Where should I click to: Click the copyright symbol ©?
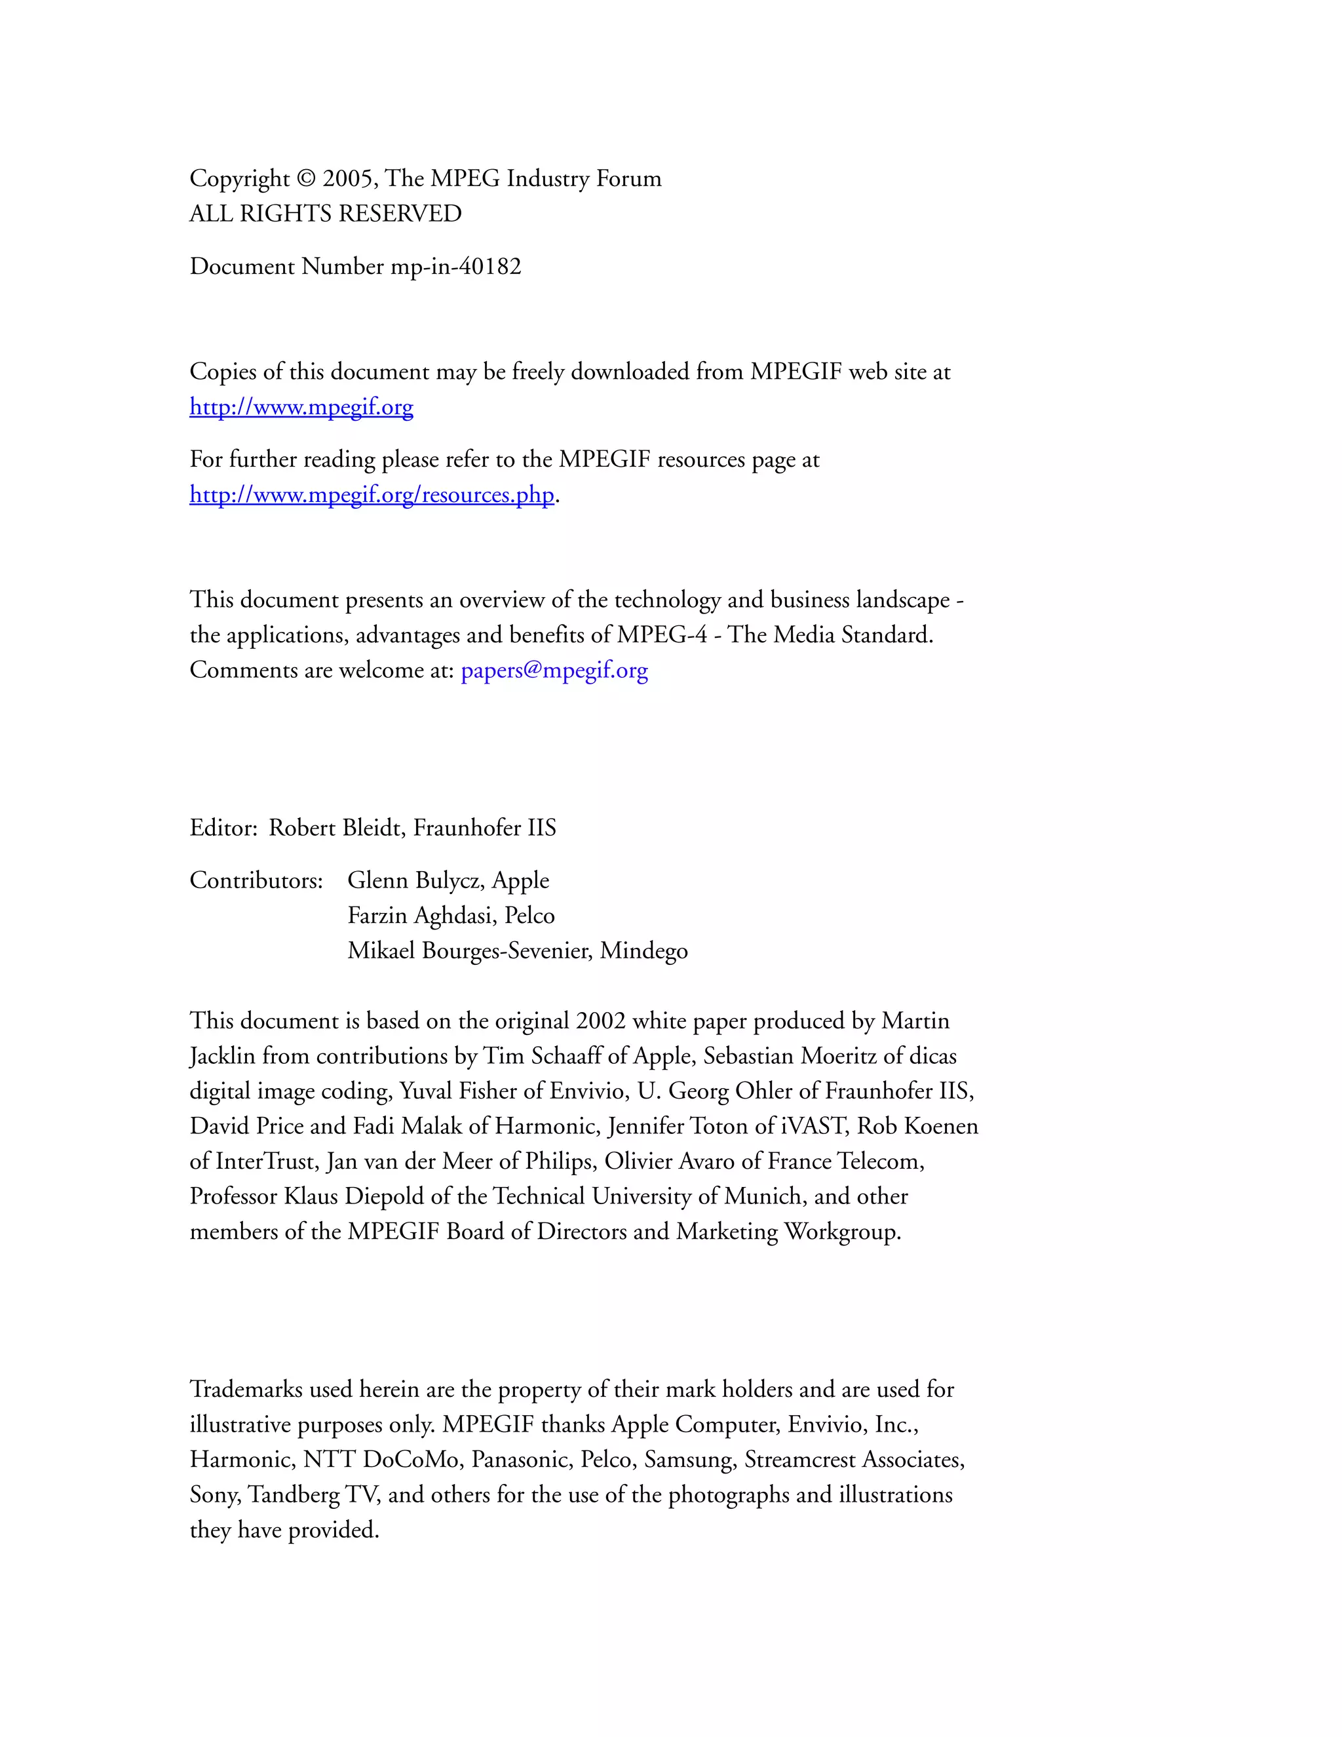coord(306,178)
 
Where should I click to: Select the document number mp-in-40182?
coord(455,266)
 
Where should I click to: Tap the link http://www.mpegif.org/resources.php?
coord(372,495)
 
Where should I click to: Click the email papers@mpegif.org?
coord(554,670)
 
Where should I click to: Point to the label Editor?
coord(223,828)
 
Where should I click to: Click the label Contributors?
coord(256,880)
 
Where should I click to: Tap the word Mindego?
coord(644,950)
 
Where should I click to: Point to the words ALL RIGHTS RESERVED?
coord(325,214)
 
